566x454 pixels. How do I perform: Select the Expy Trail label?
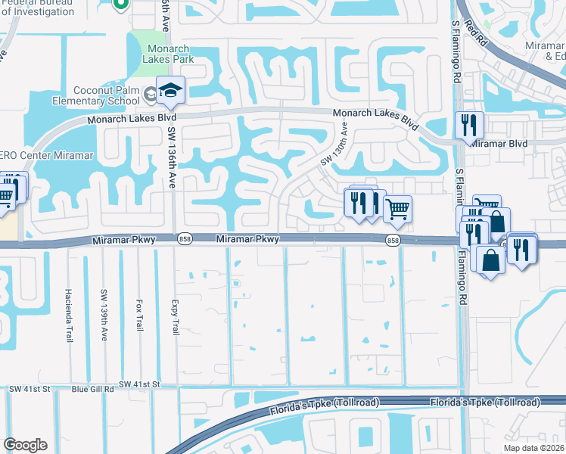174,312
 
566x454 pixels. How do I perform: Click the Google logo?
25,445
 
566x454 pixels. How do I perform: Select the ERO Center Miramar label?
46,155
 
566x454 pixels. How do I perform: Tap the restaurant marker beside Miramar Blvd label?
469,124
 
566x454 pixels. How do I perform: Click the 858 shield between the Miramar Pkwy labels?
185,239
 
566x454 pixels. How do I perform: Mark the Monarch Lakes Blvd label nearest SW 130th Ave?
375,118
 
